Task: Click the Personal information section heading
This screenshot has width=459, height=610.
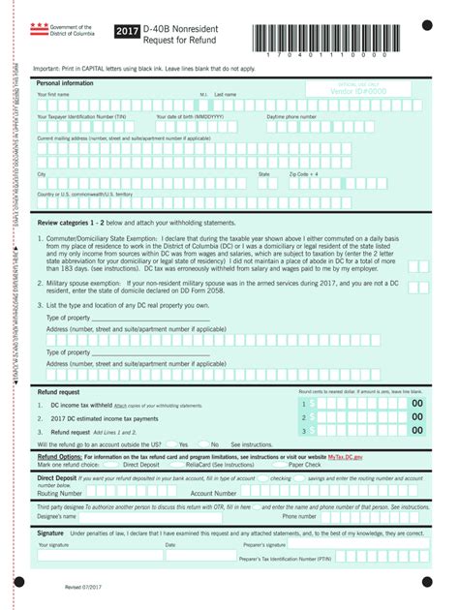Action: [65, 83]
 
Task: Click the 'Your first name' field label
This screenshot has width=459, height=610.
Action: [54, 95]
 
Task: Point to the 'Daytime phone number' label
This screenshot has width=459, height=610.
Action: [291, 117]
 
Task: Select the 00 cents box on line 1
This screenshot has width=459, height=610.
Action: [415, 404]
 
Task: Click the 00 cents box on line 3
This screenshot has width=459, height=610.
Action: [415, 431]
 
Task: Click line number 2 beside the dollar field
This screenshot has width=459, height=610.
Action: [303, 417]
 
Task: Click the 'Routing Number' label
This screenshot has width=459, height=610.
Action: [60, 493]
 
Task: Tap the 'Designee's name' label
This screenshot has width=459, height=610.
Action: [57, 516]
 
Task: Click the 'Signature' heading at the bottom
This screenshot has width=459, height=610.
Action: [50, 534]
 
